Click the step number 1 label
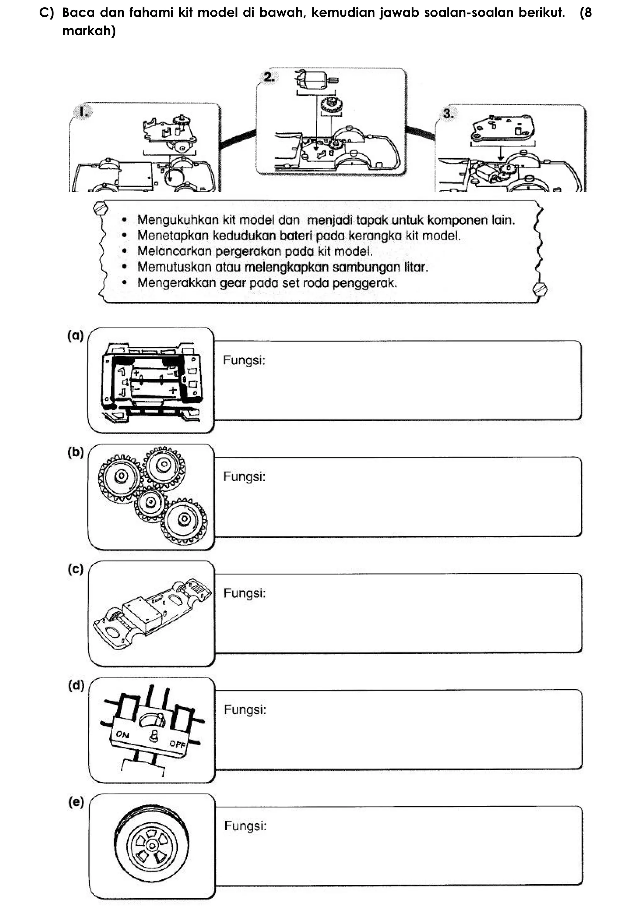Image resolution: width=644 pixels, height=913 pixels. [x=83, y=112]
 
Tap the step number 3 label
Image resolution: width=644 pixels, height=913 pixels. [x=448, y=114]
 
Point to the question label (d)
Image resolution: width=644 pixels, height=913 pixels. [x=76, y=685]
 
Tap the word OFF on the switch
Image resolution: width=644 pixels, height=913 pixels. [x=177, y=744]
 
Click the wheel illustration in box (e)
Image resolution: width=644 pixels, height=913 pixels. [x=151, y=845]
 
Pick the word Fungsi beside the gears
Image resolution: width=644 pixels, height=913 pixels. [x=244, y=476]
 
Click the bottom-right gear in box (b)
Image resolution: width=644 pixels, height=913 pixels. [x=184, y=519]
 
